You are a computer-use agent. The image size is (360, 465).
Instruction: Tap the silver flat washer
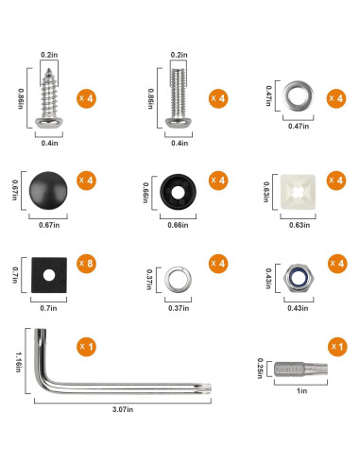coord(300,95)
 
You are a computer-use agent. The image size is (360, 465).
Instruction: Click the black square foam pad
coord(47,275)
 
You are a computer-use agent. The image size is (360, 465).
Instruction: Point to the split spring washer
coord(177,279)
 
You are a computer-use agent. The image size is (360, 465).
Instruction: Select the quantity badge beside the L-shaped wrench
coord(85,347)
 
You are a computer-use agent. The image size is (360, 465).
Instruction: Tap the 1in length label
coord(300,388)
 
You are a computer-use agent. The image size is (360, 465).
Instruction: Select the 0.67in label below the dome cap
coord(47,224)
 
